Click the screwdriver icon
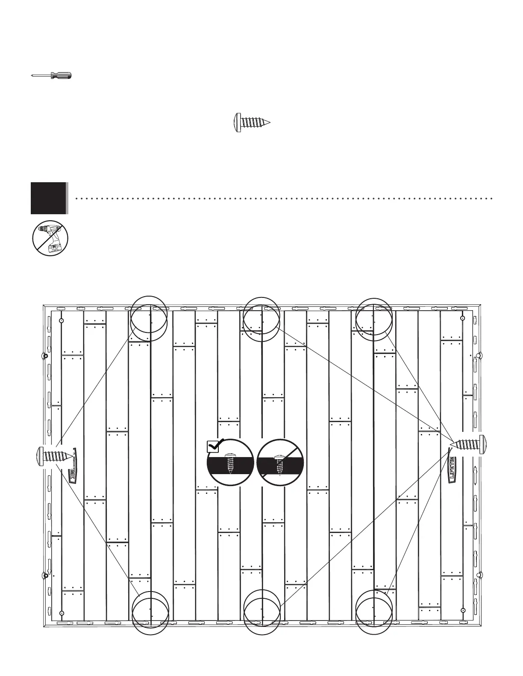tap(51, 76)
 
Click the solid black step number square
tap(48, 198)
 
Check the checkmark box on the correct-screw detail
tap(213, 446)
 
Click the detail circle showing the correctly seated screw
tap(231, 463)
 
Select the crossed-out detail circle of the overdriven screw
tap(280, 463)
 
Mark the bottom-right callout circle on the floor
tap(373, 611)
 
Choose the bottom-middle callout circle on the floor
tap(261, 611)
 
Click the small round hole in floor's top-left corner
tap(62, 320)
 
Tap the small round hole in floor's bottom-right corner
tap(462, 610)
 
